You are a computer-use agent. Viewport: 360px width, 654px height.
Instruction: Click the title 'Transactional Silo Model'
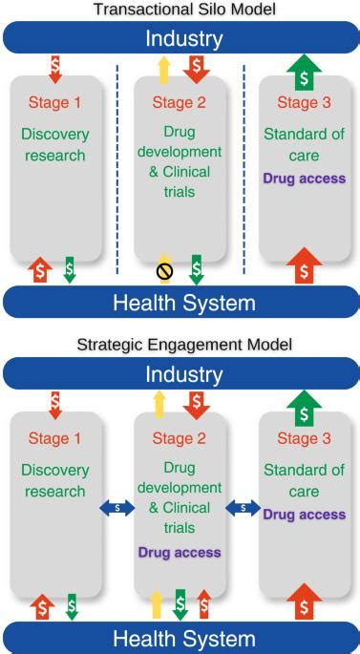pyautogui.click(x=180, y=10)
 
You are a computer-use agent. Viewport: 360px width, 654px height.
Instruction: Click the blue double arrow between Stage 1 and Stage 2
pyautogui.click(x=117, y=509)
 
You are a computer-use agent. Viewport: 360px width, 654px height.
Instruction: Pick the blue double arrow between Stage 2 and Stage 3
pyautogui.click(x=243, y=509)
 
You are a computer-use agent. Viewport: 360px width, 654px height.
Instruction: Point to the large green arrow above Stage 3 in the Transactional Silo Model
pyautogui.click(x=303, y=70)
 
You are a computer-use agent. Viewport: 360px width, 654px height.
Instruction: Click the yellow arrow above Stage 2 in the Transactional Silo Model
pyautogui.click(x=162, y=69)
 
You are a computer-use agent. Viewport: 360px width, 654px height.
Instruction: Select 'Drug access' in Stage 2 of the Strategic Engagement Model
pyautogui.click(x=180, y=552)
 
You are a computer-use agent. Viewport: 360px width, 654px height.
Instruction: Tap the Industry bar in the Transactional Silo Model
pyautogui.click(x=180, y=39)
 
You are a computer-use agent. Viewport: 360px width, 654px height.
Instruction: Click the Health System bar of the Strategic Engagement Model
pyautogui.click(x=180, y=638)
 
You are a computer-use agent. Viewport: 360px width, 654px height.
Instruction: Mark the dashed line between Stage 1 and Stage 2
pyautogui.click(x=117, y=172)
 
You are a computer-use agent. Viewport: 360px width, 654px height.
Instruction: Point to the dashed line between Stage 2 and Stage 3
pyautogui.click(x=244, y=172)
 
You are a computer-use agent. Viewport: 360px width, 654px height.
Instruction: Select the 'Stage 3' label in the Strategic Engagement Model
pyautogui.click(x=304, y=438)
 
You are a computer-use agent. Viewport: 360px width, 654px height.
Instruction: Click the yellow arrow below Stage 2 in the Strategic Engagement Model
pyautogui.click(x=157, y=603)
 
